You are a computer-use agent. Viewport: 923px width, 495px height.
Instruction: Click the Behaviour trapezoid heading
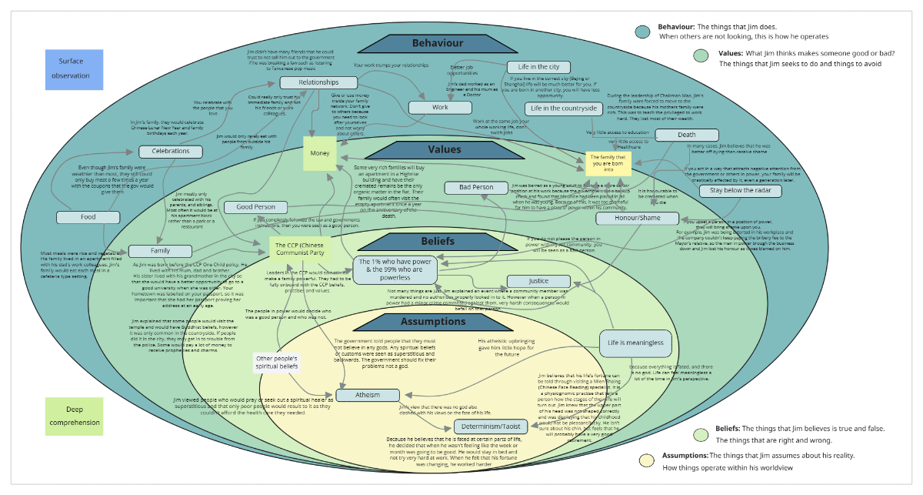tap(437, 44)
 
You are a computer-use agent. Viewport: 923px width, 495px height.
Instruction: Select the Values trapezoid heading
tap(444, 149)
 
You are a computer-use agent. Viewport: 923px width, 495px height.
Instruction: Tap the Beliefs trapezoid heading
tap(437, 241)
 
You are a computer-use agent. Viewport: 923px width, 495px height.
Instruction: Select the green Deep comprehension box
tap(75, 415)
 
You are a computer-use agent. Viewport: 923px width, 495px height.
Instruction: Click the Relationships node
tap(318, 82)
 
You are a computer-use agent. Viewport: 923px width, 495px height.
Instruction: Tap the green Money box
tap(320, 153)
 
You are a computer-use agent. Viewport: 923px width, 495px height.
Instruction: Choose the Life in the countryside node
tap(563, 109)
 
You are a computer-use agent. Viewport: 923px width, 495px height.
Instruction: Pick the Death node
tap(686, 135)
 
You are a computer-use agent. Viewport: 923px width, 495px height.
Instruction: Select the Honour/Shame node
tap(637, 218)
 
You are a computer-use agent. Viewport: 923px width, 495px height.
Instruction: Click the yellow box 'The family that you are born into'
tap(608, 163)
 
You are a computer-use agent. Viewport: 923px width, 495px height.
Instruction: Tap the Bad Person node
tap(476, 188)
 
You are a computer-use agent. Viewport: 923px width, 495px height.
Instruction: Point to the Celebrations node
tap(171, 152)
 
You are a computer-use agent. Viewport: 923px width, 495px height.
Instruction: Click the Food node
tap(88, 217)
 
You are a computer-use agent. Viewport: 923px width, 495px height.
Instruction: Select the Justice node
tap(538, 281)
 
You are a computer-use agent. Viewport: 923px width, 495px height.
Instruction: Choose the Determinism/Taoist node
tap(491, 426)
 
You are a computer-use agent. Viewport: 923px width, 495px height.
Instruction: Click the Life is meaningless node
tap(635, 343)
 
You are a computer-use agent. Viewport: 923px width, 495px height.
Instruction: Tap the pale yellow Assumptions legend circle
tap(648, 460)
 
